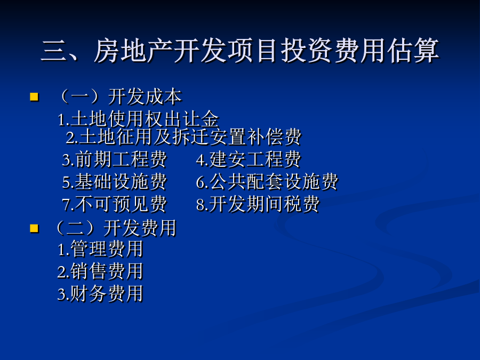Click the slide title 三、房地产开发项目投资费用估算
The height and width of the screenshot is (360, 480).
pos(240,51)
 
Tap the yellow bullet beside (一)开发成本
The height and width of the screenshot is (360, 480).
pos(34,97)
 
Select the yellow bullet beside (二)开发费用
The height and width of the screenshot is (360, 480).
pos(34,228)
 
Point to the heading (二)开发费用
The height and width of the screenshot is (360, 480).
pos(116,228)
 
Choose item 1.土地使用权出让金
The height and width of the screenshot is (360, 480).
pos(138,119)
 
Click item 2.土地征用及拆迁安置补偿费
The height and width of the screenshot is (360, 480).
pos(183,137)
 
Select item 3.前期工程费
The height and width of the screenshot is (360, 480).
pos(114,159)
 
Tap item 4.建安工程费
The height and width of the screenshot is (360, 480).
pos(248,159)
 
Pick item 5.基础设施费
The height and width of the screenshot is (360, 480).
pos(114,181)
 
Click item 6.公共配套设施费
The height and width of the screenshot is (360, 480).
pos(267,181)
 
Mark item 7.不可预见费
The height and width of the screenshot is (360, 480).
pos(114,204)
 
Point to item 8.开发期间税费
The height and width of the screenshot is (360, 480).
pos(258,204)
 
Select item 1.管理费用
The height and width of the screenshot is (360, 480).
pos(100,249)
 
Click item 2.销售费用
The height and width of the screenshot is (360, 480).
pos(100,271)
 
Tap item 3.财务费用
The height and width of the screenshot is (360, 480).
pos(100,293)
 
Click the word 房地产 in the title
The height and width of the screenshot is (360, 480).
pos(133,51)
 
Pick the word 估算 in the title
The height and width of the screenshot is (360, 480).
pos(413,51)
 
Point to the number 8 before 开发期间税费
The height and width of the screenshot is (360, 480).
pos(201,205)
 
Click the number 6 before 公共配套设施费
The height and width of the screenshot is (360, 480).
pos(201,182)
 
